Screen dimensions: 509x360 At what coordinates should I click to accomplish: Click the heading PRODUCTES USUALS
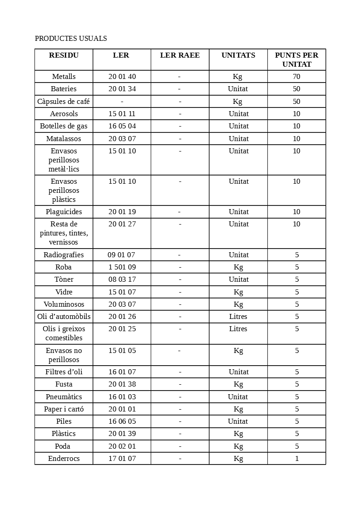pyautogui.click(x=71, y=39)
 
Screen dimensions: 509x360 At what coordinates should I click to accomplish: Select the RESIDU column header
pyautogui.click(x=64, y=55)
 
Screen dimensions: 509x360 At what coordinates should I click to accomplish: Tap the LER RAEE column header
pyautogui.click(x=180, y=55)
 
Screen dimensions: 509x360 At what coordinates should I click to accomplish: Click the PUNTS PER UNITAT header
pyautogui.click(x=296, y=59)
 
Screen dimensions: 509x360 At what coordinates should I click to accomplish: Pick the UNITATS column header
pyautogui.click(x=238, y=55)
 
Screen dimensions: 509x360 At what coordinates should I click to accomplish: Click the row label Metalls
pyautogui.click(x=64, y=77)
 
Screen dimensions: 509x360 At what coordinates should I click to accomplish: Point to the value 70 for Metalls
pyautogui.click(x=296, y=77)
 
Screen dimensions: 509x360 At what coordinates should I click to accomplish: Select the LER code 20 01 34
pyautogui.click(x=122, y=89)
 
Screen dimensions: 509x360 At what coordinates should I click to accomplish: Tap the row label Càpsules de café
pyautogui.click(x=64, y=101)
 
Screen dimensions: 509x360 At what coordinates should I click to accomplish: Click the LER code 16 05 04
pyautogui.click(x=122, y=126)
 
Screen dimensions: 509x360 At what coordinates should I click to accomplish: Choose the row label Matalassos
pyautogui.click(x=64, y=138)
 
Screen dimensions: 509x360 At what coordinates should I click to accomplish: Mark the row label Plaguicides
pyautogui.click(x=64, y=212)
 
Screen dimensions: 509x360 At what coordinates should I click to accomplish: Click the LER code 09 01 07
pyautogui.click(x=121, y=255)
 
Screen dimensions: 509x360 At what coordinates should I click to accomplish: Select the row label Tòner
pyautogui.click(x=64, y=279)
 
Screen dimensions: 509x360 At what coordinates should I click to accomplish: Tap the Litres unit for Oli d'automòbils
pyautogui.click(x=238, y=317)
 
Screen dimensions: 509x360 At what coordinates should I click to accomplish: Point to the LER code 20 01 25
pyautogui.click(x=122, y=329)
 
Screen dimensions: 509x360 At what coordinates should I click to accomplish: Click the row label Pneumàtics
pyautogui.click(x=64, y=397)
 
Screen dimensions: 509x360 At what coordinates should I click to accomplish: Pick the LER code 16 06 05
pyautogui.click(x=122, y=421)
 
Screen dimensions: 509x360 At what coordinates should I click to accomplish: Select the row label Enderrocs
pyautogui.click(x=64, y=459)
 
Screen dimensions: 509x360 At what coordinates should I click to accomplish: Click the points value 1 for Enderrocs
pyautogui.click(x=296, y=459)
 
